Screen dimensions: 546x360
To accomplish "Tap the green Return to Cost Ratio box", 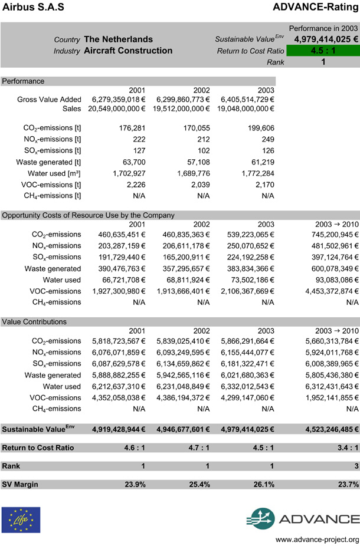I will tap(323, 51).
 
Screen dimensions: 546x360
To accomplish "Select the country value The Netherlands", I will tap(119, 40).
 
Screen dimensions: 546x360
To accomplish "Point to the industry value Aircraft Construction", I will tap(128, 51).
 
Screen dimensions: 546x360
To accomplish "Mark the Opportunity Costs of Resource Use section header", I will tap(89, 215).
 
